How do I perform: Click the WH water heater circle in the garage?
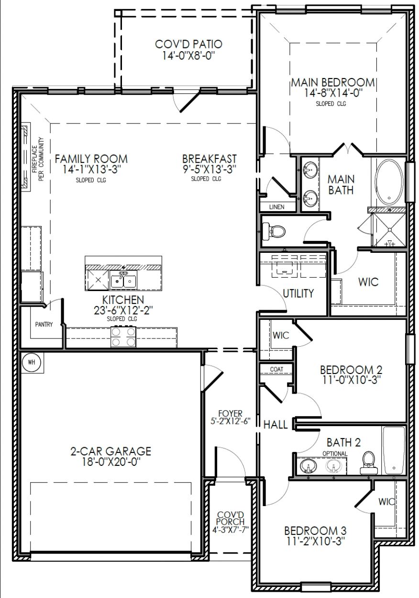[x=32, y=362]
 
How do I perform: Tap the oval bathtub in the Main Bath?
[x=390, y=182]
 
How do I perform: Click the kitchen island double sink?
[x=123, y=281]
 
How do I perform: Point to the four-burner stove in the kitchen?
[x=123, y=337]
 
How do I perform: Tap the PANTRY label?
[x=44, y=324]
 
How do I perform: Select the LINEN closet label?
[x=277, y=207]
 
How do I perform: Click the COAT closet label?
[x=277, y=369]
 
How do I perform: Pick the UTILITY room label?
[x=298, y=293]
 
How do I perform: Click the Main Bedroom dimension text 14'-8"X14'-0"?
[x=332, y=93]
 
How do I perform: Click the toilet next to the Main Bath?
[x=276, y=232]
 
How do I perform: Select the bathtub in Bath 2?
[x=394, y=451]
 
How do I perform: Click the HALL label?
[x=276, y=425]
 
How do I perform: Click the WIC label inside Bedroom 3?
[x=386, y=502]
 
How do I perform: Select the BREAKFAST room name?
[x=209, y=158]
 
